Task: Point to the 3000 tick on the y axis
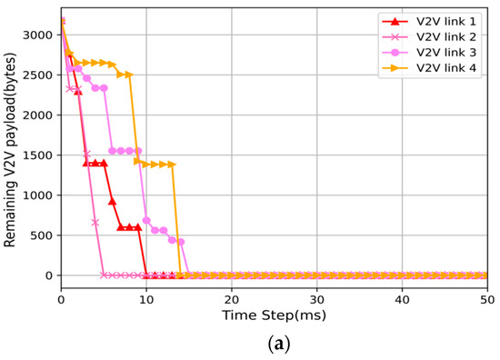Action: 40,35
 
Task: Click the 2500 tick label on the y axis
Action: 40,75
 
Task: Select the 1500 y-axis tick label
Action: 40,155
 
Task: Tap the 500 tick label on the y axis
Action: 44,235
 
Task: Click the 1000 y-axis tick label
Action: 40,195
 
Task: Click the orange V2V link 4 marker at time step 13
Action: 172,165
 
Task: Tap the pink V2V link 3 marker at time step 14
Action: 181,242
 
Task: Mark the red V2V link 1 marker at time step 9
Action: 138,227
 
